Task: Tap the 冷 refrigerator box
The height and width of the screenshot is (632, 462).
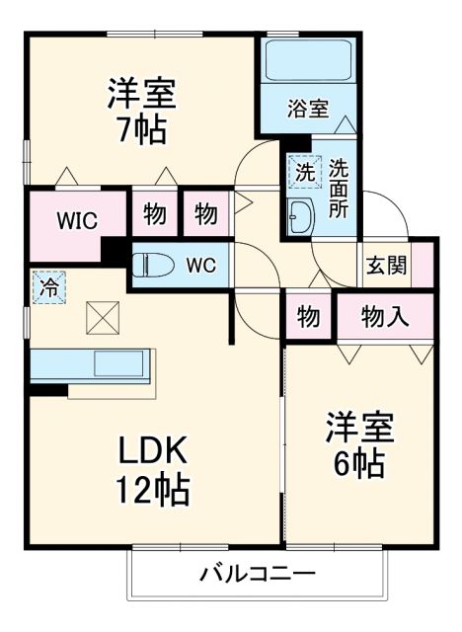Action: coord(47,288)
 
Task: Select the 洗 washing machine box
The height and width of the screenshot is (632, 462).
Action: coord(303,171)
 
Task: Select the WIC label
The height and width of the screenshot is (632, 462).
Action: coord(76,219)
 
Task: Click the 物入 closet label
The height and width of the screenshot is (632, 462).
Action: coord(385,317)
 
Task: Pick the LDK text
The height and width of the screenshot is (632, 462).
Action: coord(154,450)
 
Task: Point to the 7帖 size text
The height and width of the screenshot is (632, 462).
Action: coord(141,129)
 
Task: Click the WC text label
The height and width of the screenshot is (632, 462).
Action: coord(200,265)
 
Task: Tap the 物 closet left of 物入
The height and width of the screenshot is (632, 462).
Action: coord(308,318)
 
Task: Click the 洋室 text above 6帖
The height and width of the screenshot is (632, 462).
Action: coord(360,428)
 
